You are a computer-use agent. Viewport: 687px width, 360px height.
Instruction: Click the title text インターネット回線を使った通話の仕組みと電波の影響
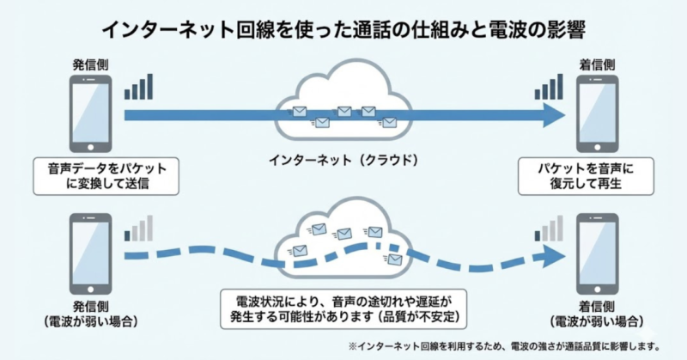pyautogui.click(x=343, y=30)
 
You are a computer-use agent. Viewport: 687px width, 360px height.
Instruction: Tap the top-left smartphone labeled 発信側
pyautogui.click(x=92, y=113)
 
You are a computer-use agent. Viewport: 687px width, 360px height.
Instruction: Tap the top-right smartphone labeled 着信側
pyautogui.click(x=596, y=113)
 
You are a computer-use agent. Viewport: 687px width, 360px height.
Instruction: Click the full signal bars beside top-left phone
pyautogui.click(x=139, y=87)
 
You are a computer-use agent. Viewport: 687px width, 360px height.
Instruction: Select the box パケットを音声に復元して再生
pyautogui.click(x=586, y=174)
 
